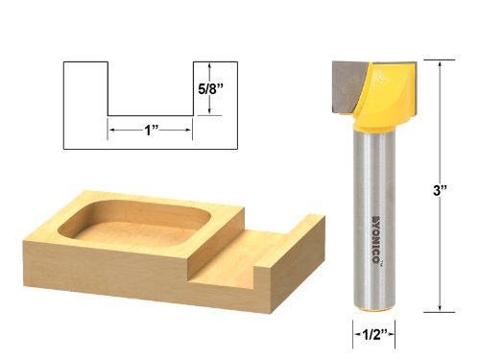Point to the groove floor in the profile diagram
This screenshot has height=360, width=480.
pos(151,114)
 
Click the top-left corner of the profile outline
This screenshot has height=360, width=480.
pos(63,62)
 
